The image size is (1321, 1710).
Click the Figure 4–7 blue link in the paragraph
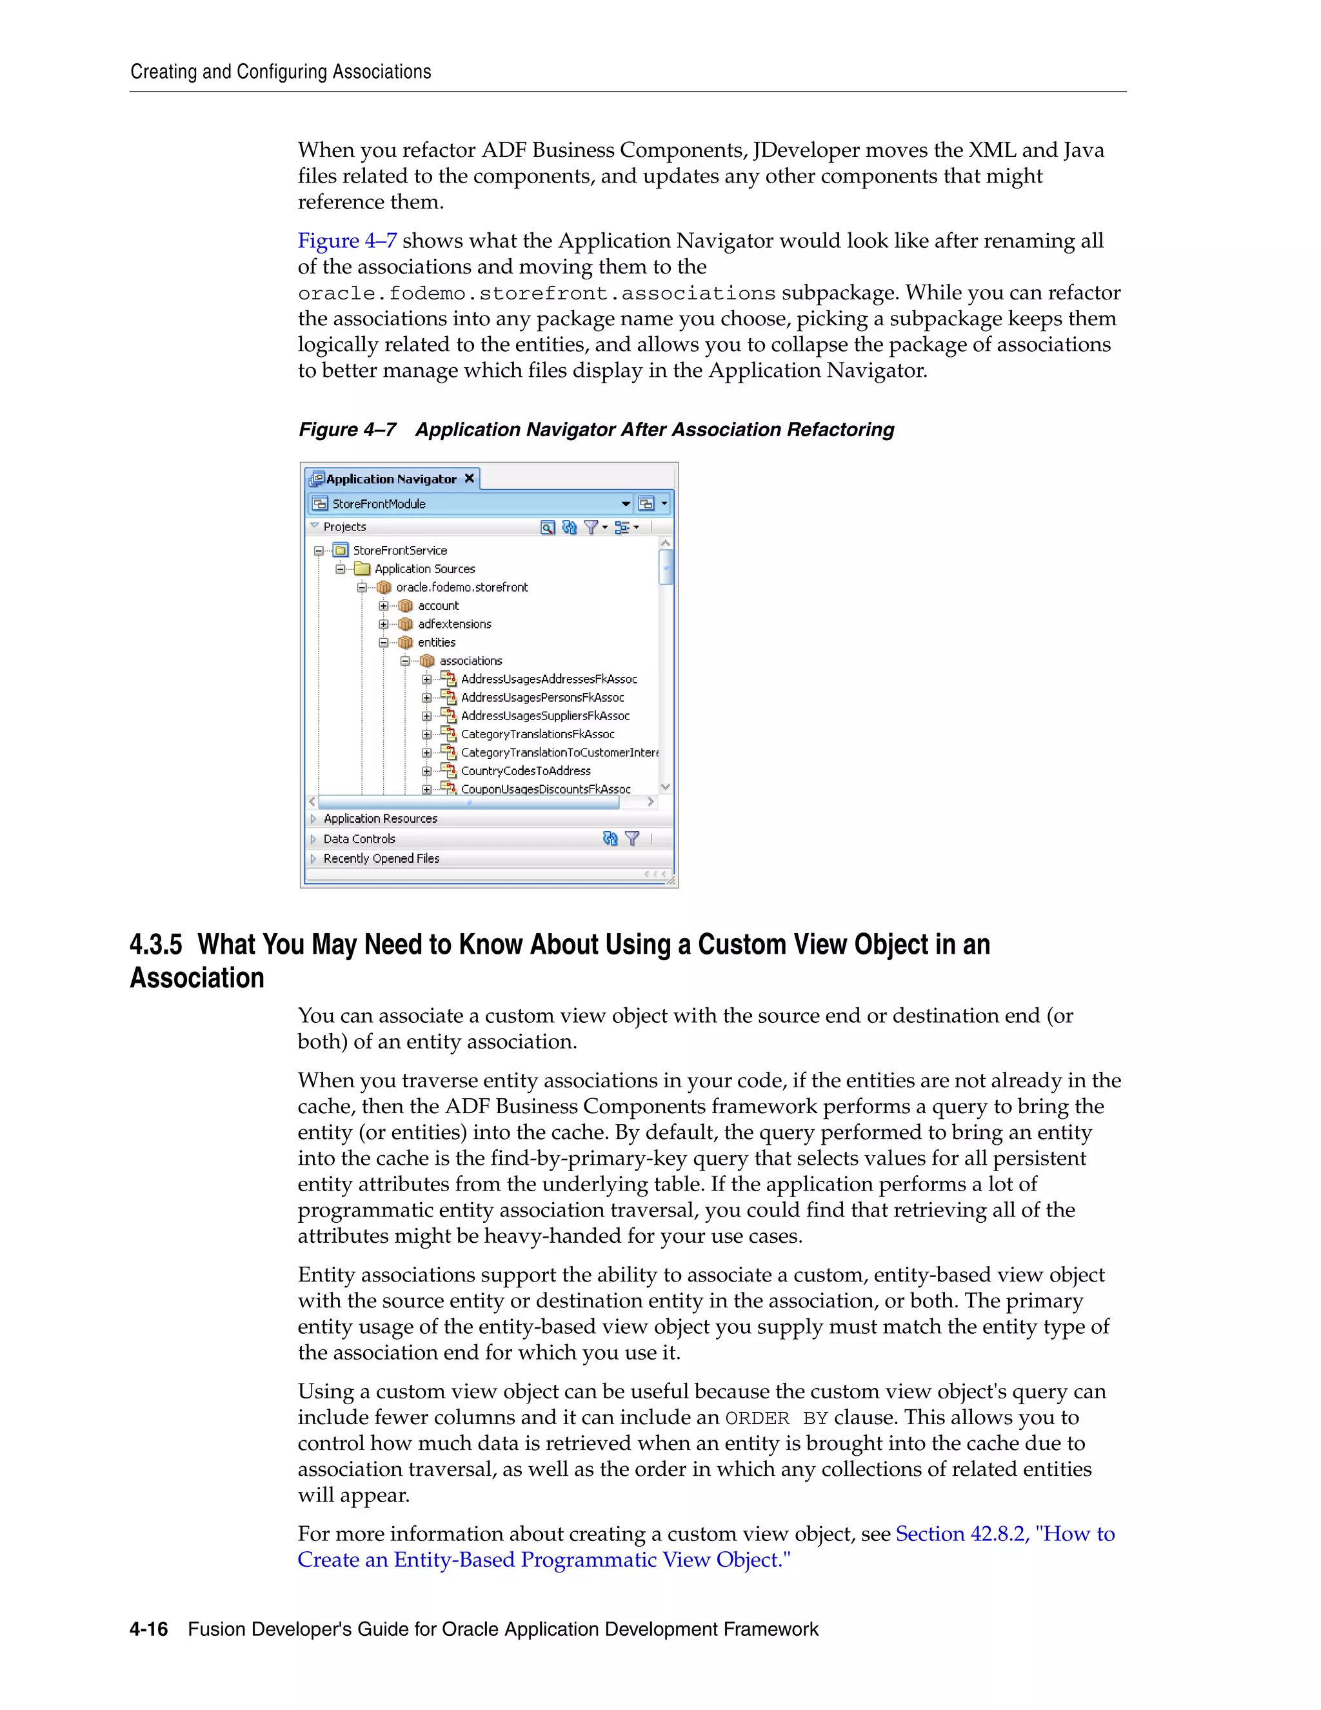point(346,241)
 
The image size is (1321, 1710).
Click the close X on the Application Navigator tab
point(470,478)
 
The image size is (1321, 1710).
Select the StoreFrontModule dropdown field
point(470,503)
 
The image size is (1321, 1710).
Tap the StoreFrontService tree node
point(399,550)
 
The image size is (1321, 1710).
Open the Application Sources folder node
point(424,569)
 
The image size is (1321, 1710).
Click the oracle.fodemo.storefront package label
point(461,587)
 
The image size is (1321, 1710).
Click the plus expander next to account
point(384,606)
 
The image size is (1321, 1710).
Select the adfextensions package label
point(454,624)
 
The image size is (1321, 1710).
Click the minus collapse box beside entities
point(384,643)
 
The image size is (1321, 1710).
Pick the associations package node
point(470,661)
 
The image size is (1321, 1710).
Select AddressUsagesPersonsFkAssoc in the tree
point(542,698)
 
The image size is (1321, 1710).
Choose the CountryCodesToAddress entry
point(525,771)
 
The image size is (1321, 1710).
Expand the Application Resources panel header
point(381,819)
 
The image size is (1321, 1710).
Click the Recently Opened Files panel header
point(381,859)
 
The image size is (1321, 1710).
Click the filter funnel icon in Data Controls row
point(632,839)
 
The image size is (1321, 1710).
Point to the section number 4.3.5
point(155,945)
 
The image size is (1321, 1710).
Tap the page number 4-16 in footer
point(149,1629)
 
